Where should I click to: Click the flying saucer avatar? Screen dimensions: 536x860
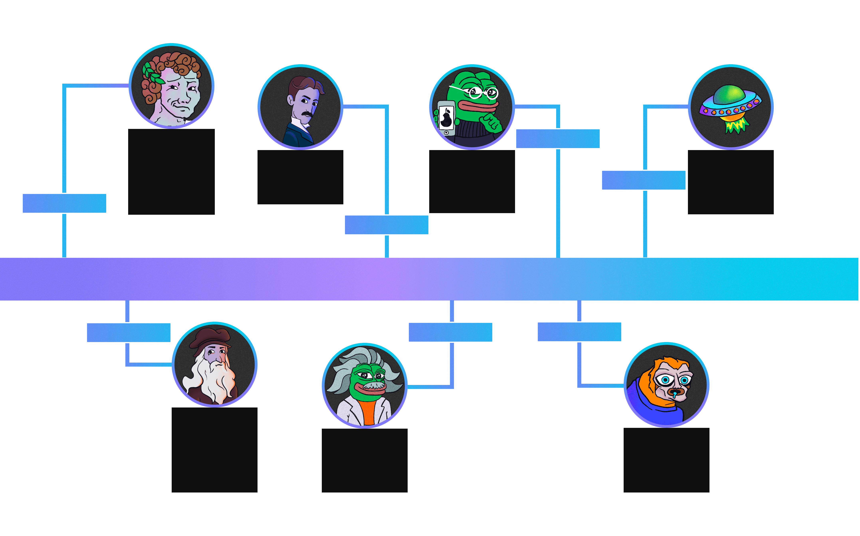731,107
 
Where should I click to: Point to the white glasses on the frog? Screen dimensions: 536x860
482,93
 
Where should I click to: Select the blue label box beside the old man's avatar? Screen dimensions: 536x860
129,332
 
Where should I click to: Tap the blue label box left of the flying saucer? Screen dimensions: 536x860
644,180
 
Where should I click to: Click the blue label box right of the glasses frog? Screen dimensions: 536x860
558,139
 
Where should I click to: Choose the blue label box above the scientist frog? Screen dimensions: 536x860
450,332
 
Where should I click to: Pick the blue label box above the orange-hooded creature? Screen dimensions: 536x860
580,332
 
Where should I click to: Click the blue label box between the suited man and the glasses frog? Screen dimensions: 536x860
386,225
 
